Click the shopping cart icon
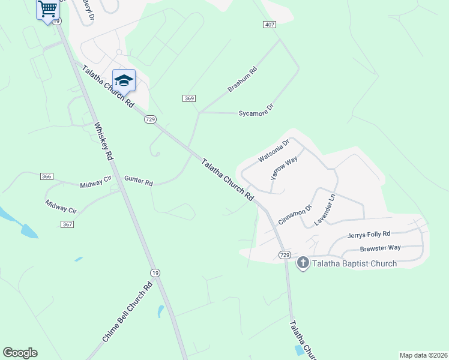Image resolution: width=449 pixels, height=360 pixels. pyautogui.click(x=47, y=9)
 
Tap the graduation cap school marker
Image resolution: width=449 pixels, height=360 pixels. pyautogui.click(x=124, y=80)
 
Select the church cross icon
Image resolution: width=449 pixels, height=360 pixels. pyautogui.click(x=303, y=263)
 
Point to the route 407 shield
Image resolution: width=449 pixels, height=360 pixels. pyautogui.click(x=270, y=24)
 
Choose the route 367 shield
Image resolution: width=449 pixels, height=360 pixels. pyautogui.click(x=67, y=224)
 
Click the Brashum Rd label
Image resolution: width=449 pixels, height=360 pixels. pyautogui.click(x=242, y=79)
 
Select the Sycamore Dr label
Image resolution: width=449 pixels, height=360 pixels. pyautogui.click(x=256, y=109)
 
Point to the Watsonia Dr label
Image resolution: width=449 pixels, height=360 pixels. pyautogui.click(x=274, y=151)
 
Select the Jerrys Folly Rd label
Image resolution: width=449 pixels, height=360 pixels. pyautogui.click(x=369, y=235)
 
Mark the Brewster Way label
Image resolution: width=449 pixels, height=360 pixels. pyautogui.click(x=380, y=248)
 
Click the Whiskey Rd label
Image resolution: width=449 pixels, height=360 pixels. pyautogui.click(x=103, y=142)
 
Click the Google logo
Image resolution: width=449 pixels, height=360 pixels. pyautogui.click(x=20, y=353)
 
